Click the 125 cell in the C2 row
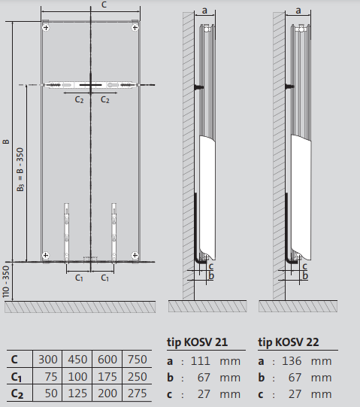[x=79, y=393]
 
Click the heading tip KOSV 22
[x=289, y=342]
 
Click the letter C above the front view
[x=92, y=6]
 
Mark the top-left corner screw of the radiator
[x=47, y=28]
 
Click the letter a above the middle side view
[x=205, y=11]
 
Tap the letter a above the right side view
[x=298, y=11]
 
